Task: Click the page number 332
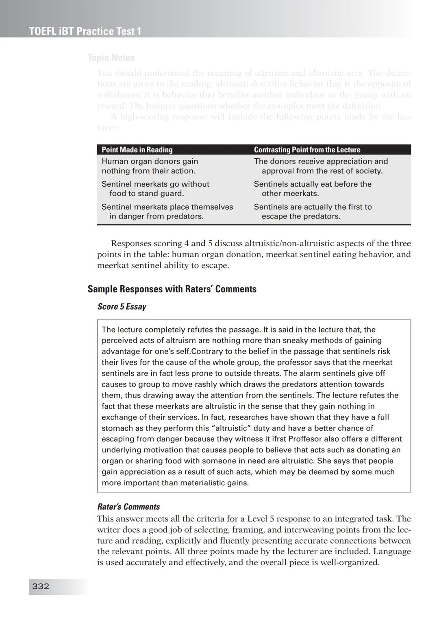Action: click(x=41, y=586)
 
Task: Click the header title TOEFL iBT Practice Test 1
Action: click(x=85, y=31)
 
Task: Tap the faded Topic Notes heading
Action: click(x=111, y=58)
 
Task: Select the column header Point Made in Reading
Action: click(x=137, y=150)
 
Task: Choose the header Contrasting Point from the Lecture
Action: click(x=307, y=150)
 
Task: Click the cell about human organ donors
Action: click(x=150, y=166)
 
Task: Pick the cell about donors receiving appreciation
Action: click(x=321, y=166)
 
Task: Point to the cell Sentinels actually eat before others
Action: click(x=312, y=189)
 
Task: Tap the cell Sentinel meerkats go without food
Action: click(x=155, y=189)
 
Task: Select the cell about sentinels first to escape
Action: click(x=313, y=212)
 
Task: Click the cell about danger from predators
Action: click(x=167, y=212)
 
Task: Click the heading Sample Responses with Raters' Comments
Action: click(x=172, y=289)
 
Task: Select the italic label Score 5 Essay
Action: click(x=122, y=307)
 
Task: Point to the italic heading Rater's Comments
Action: click(x=128, y=507)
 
